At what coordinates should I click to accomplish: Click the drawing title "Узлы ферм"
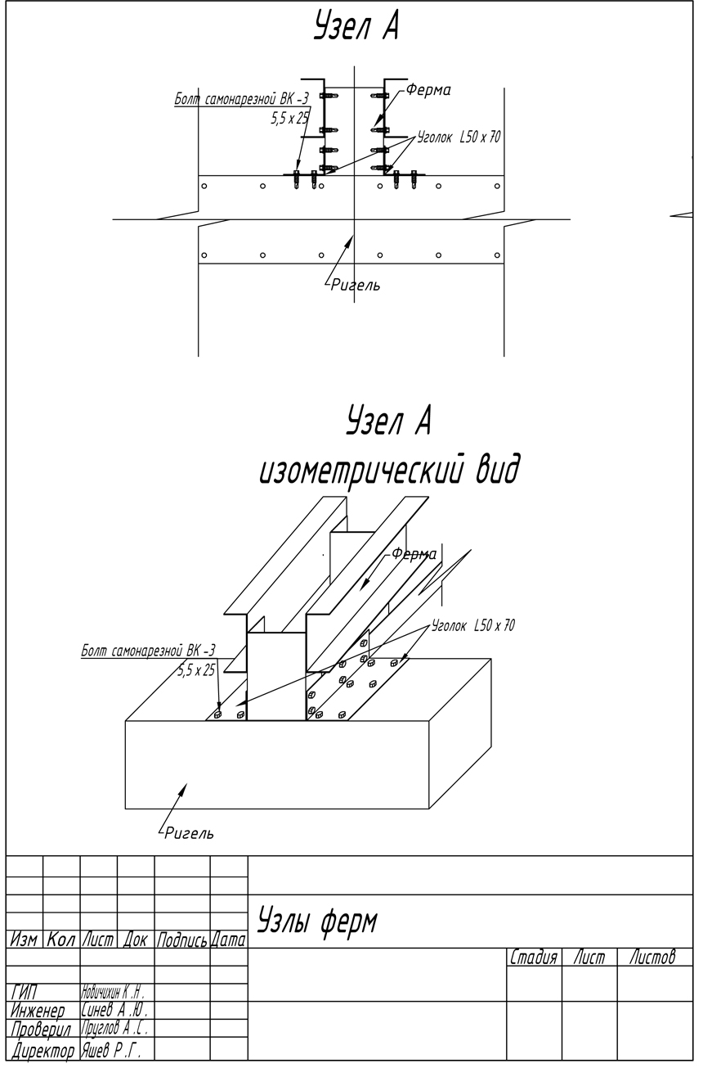pos(318,922)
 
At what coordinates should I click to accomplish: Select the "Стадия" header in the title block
pos(534,957)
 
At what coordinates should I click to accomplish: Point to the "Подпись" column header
pos(182,940)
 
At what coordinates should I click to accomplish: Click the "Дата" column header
pos(229,940)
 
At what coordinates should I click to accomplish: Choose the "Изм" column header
pos(25,940)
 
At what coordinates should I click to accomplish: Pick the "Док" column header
pos(136,940)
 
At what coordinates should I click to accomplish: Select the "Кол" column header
pos(61,940)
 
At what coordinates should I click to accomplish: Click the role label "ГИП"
pos(25,993)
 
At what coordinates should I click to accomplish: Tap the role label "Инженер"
pos(38,1010)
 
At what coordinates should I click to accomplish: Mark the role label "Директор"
pos(43,1049)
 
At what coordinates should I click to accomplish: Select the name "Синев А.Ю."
pos(115,1010)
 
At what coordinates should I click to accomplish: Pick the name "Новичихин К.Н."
pos(114,993)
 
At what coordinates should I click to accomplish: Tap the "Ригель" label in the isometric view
pos(190,834)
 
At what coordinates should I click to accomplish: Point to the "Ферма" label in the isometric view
pos(414,554)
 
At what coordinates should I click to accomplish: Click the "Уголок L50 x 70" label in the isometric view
pos(473,626)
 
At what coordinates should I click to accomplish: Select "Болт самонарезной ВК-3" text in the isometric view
pos(148,651)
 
